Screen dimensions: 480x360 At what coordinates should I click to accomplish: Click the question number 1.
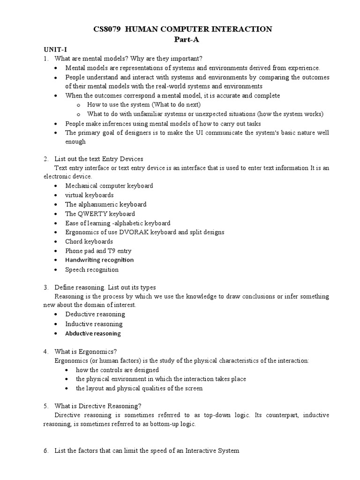(x=45, y=59)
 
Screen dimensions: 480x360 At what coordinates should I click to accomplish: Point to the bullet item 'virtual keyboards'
(x=90, y=195)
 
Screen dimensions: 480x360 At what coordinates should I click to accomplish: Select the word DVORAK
(x=136, y=232)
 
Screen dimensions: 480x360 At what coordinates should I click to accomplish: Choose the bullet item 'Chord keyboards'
(x=89, y=242)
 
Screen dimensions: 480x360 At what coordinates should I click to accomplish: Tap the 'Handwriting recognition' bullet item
(x=99, y=260)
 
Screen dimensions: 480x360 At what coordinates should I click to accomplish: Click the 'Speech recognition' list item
(x=92, y=270)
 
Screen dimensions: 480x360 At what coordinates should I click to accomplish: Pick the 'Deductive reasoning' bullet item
(x=95, y=315)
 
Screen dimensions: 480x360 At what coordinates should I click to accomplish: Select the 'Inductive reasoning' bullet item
(x=94, y=324)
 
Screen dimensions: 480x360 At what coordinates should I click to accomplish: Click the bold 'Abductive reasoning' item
(x=93, y=334)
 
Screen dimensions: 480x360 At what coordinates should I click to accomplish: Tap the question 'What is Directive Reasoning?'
(x=97, y=406)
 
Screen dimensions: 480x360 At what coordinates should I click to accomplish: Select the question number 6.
(x=45, y=451)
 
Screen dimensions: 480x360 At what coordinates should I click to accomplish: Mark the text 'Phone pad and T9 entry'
(x=98, y=251)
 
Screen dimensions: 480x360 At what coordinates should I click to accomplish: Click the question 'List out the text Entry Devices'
(x=99, y=159)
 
